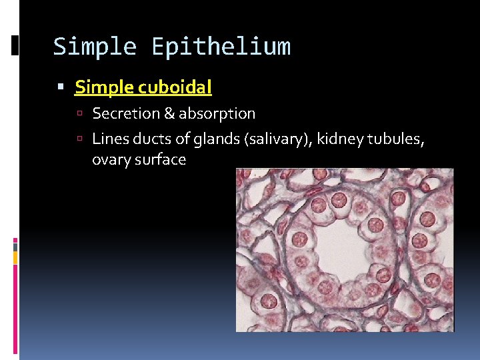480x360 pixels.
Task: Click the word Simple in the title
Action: coord(95,47)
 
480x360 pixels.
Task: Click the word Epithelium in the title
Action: coord(221,47)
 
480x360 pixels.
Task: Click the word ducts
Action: coord(147,139)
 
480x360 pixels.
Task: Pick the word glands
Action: coord(207,139)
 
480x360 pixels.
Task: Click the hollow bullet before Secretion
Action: coord(79,115)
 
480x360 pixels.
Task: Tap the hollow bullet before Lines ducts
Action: coord(79,139)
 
